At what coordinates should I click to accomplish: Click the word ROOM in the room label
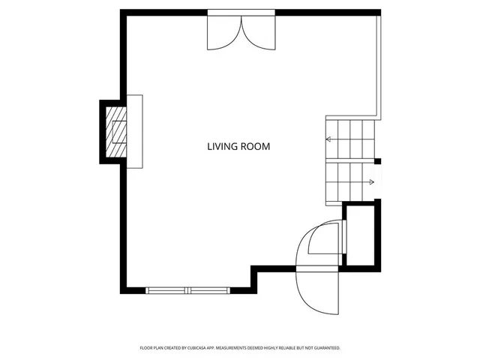(255, 147)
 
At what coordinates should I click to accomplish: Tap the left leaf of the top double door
(224, 34)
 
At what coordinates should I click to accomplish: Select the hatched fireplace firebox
(116, 132)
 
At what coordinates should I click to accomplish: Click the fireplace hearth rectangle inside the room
(134, 131)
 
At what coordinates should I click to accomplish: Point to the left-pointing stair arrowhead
(328, 139)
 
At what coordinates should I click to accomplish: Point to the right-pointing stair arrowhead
(371, 181)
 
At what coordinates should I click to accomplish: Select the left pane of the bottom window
(167, 290)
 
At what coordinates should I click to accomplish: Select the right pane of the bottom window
(209, 290)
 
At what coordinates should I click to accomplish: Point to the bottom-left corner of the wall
(123, 290)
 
